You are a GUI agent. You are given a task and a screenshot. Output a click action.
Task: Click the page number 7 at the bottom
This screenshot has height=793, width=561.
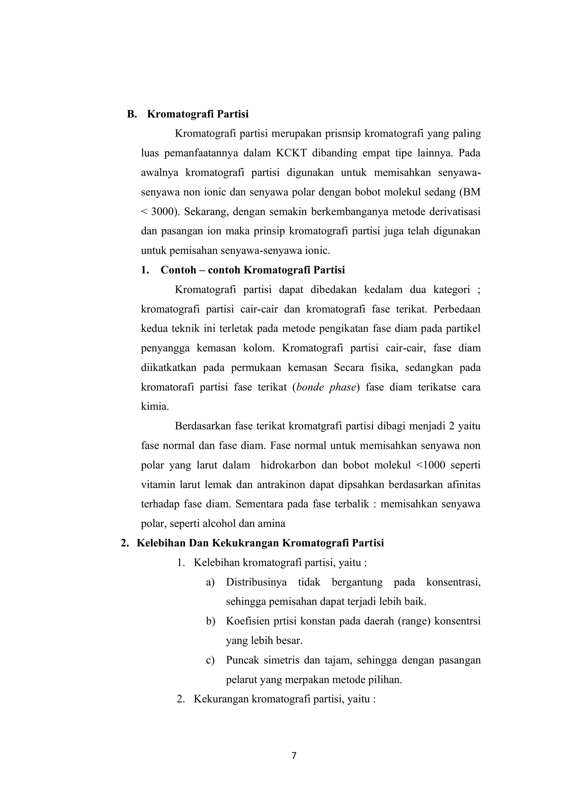(294, 755)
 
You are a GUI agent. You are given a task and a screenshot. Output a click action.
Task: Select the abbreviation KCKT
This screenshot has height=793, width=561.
(291, 153)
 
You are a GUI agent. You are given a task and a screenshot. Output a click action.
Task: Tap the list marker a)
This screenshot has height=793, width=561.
(210, 582)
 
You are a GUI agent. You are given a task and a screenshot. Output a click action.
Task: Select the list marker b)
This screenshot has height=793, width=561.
(210, 621)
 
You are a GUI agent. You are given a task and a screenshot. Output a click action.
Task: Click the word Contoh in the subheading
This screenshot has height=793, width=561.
(178, 270)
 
